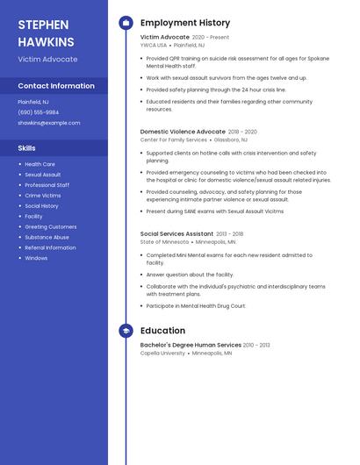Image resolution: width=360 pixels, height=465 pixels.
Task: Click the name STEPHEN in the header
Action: [x=43, y=24]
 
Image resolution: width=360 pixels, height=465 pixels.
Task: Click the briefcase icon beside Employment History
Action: [x=126, y=23]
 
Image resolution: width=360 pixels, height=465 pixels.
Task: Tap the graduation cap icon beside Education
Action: [x=126, y=331]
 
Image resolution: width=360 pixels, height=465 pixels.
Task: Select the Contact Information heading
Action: [x=56, y=86]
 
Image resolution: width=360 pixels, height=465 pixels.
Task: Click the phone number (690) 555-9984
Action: [x=39, y=112]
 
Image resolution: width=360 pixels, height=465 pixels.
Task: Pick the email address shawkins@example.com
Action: [x=49, y=123]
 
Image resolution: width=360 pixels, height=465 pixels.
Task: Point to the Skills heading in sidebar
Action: [x=27, y=148]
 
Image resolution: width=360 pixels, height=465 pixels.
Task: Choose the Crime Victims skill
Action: [x=43, y=196]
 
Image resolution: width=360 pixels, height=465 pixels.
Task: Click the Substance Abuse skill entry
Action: [x=47, y=237]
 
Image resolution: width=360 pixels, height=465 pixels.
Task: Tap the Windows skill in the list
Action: [x=36, y=258]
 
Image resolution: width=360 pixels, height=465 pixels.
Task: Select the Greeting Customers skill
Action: [x=51, y=226]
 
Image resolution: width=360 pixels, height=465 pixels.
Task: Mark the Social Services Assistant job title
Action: [x=176, y=234]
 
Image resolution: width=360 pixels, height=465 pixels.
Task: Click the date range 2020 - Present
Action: [x=211, y=38]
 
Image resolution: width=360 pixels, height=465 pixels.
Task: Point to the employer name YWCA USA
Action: [x=154, y=45]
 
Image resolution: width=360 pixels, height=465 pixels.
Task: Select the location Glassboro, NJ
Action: [x=231, y=139]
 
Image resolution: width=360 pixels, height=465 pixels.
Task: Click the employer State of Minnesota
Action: [x=164, y=241]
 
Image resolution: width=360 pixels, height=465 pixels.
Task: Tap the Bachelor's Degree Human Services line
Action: [x=191, y=345]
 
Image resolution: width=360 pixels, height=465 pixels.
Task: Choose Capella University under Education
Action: [x=163, y=353]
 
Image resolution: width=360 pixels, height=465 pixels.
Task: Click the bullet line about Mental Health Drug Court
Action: [x=196, y=306]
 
